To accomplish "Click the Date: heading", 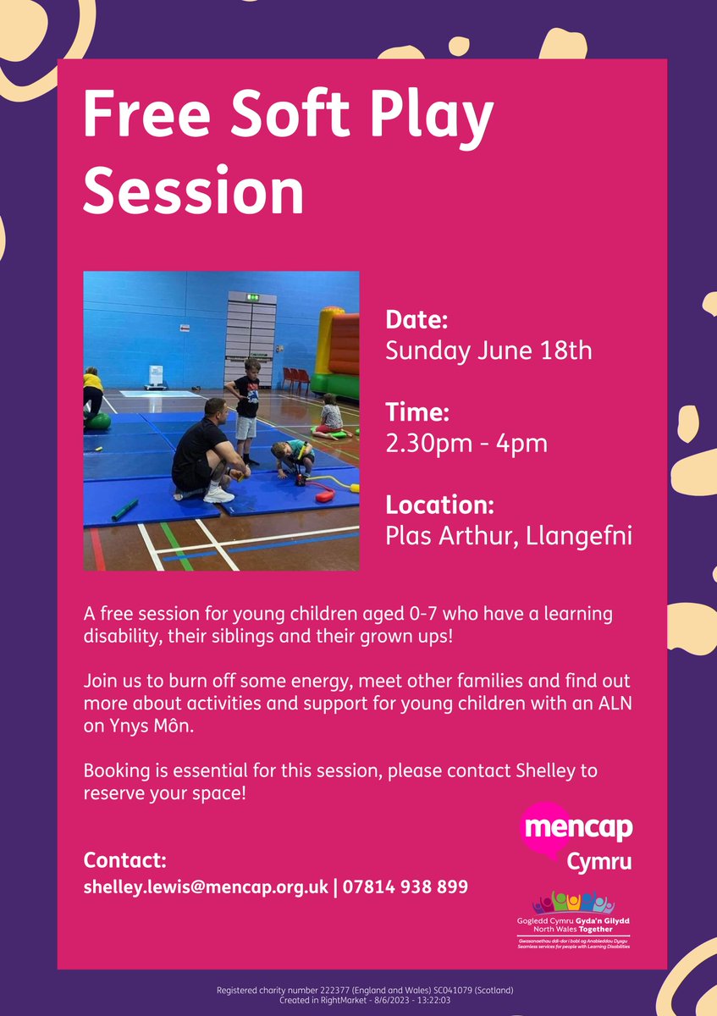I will (416, 321).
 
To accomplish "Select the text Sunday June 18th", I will (489, 351).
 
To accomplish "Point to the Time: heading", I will (416, 413).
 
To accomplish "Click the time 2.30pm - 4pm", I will (466, 443).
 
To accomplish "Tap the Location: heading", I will (439, 505).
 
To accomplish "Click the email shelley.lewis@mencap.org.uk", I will (206, 886).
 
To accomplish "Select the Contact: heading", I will (125, 860).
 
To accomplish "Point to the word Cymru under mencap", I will (599, 863).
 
